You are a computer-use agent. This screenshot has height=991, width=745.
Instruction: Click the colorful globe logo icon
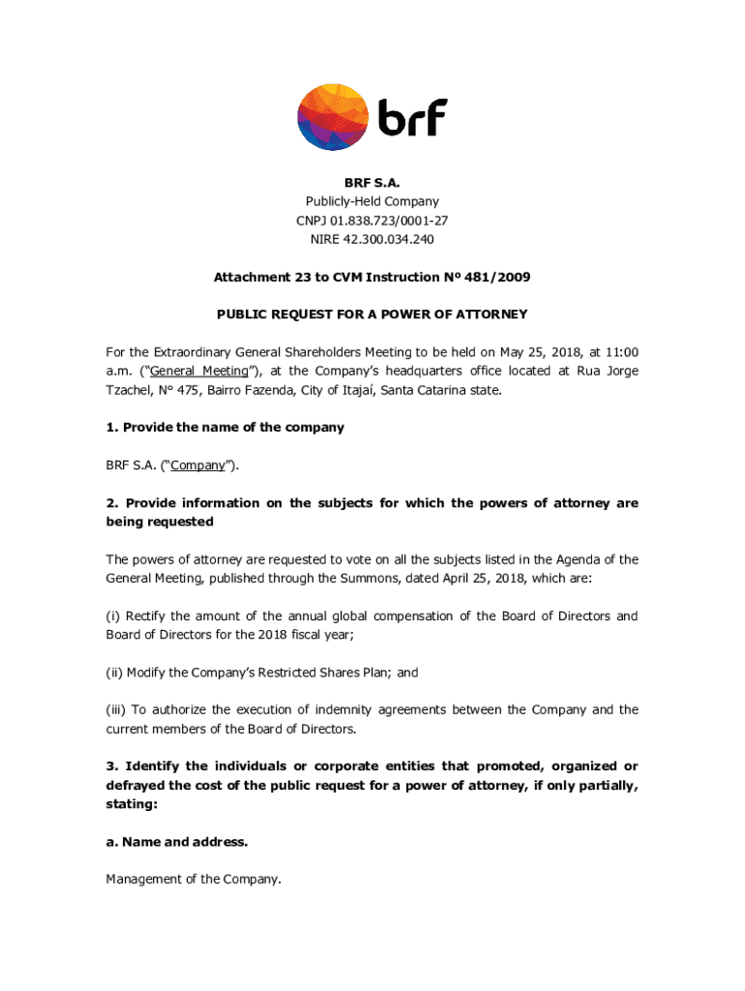coord(331,116)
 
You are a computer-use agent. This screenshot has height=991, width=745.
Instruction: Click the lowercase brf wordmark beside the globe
coord(412,118)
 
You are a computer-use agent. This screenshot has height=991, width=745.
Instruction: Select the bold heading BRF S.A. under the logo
coord(372,183)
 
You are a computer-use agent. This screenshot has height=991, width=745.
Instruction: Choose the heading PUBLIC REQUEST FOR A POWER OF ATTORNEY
coord(372,315)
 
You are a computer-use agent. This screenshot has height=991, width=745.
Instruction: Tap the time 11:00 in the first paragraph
coord(620,352)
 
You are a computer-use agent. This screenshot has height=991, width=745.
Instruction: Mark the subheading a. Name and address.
coord(177,842)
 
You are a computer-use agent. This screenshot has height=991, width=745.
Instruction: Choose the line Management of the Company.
coord(194,880)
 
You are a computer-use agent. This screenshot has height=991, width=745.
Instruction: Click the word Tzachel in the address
coord(133,390)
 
